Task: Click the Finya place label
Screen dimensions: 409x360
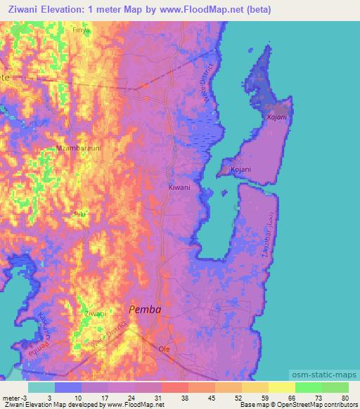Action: coord(82,31)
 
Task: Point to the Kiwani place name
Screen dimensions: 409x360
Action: coord(179,188)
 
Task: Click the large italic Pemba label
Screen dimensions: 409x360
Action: coord(146,309)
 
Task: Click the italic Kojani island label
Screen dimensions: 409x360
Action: coord(276,117)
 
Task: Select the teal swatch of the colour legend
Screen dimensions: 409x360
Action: coord(41,387)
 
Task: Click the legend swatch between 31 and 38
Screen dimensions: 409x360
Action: coord(174,387)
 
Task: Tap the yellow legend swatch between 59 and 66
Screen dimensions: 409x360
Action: coord(281,387)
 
